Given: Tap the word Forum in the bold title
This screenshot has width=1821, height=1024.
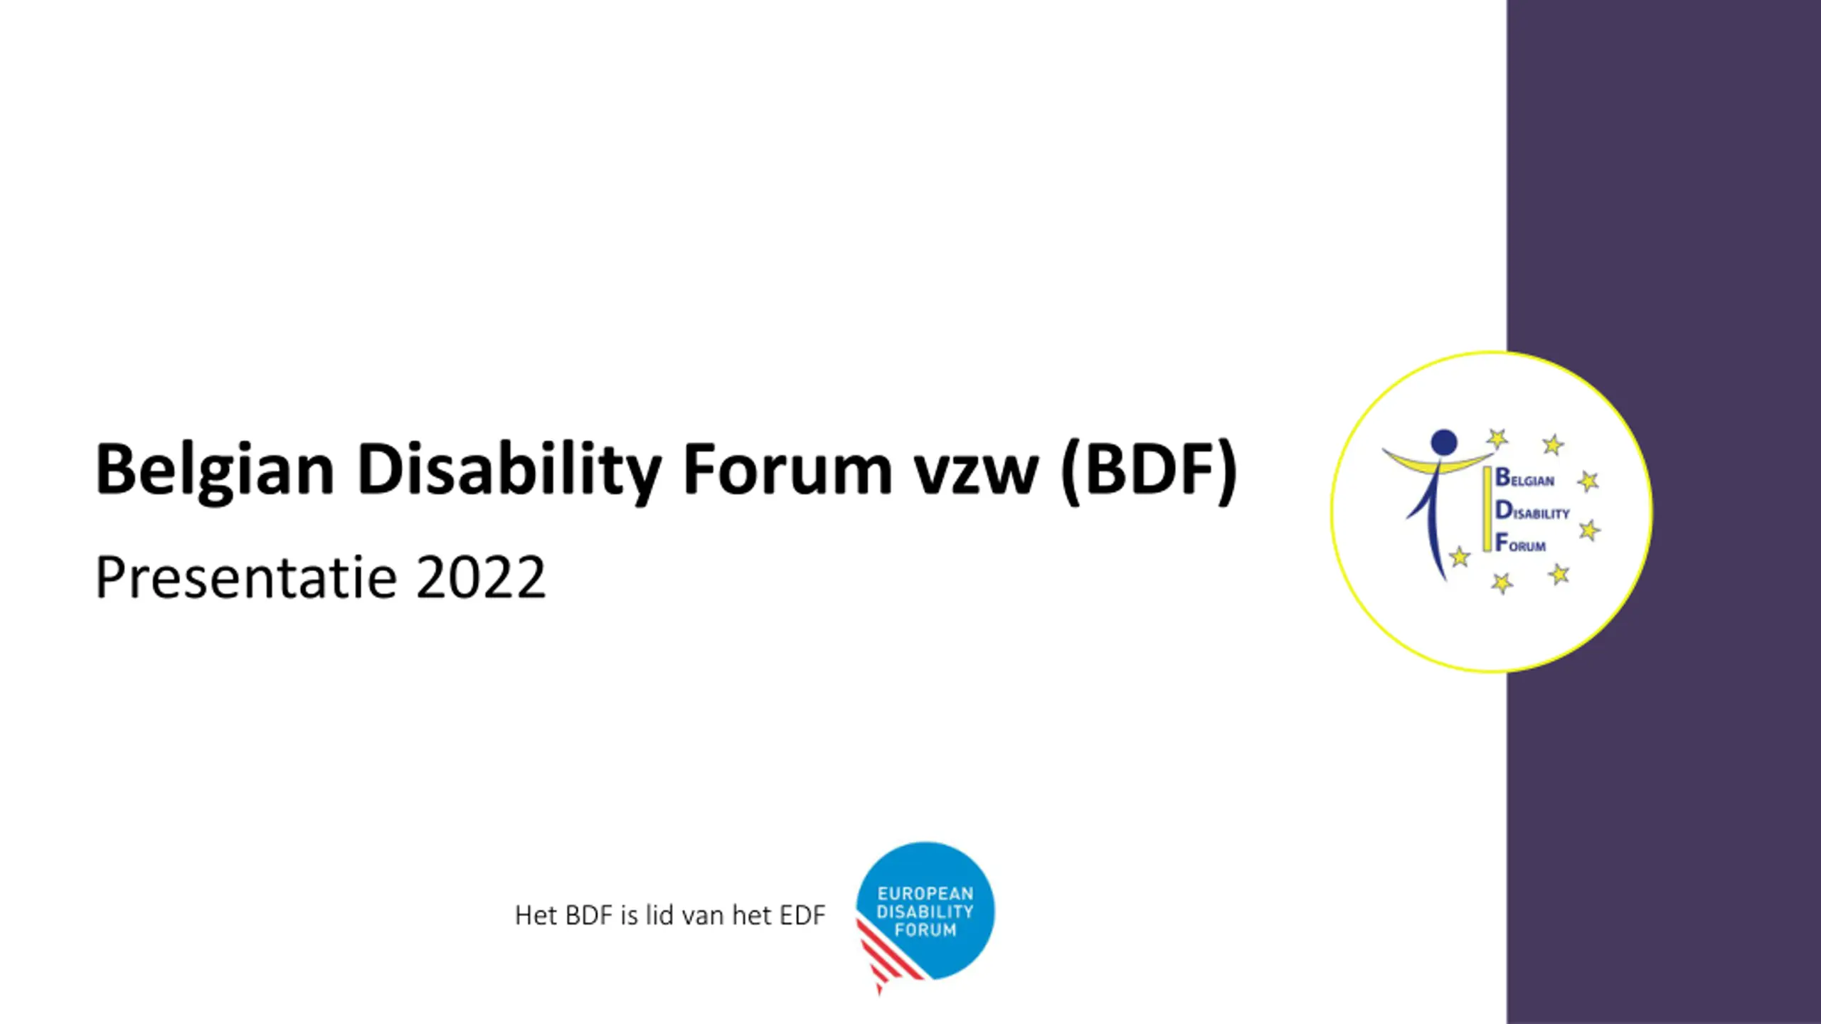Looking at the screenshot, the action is point(787,469).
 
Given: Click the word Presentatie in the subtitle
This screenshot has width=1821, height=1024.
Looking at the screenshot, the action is point(246,577).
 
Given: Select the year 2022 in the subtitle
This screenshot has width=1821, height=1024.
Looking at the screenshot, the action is point(481,577).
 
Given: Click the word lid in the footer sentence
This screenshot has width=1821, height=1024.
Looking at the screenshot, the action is point(659,915).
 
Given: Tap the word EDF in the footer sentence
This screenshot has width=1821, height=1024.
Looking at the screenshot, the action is point(802,916).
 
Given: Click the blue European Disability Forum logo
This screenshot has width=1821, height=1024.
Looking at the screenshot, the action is point(925,914).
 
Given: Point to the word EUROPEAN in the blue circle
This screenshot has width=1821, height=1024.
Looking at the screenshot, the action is point(925,894).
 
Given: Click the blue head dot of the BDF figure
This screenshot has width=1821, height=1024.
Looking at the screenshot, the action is point(1444,442).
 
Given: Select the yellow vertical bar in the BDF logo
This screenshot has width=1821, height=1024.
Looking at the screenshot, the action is point(1487,509).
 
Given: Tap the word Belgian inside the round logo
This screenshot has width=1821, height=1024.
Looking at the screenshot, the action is point(1524,478).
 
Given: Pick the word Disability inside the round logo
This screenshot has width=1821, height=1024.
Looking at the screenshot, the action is point(1532,511).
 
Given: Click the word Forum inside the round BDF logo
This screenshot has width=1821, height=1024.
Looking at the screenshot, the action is point(1520,543).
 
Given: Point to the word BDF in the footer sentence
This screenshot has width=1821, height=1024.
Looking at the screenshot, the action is point(588,916).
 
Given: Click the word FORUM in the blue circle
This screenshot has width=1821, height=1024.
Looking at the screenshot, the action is point(925,930).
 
